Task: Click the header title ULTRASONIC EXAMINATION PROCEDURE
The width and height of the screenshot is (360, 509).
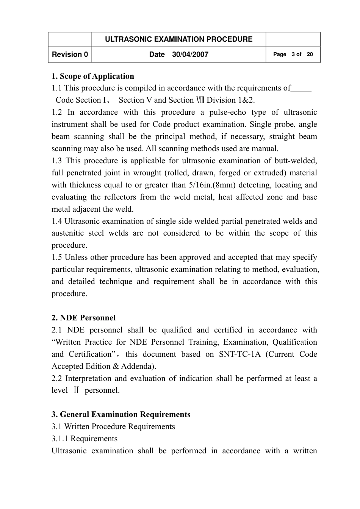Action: pyautogui.click(x=178, y=39)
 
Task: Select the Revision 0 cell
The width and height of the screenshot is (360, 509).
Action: pyautogui.click(x=70, y=55)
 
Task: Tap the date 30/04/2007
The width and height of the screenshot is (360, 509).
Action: pyautogui.click(x=190, y=55)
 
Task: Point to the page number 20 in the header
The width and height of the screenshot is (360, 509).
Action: pyautogui.click(x=310, y=55)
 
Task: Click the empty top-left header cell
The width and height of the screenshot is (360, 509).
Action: pyautogui.click(x=70, y=39)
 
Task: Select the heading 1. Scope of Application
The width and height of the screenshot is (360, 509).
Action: pyautogui.click(x=93, y=76)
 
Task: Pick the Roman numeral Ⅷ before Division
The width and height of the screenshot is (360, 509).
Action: pyautogui.click(x=200, y=100)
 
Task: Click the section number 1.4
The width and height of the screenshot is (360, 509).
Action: pyautogui.click(x=57, y=222)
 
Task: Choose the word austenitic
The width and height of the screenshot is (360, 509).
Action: pyautogui.click(x=67, y=233)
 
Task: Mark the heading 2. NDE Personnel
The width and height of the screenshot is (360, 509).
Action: pyautogui.click(x=84, y=318)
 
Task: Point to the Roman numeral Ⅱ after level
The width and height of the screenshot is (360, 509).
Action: pyautogui.click(x=76, y=390)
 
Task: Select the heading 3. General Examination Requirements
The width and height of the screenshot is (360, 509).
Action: pyautogui.click(x=121, y=415)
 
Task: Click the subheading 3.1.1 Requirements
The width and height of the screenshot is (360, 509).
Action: pyautogui.click(x=85, y=439)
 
